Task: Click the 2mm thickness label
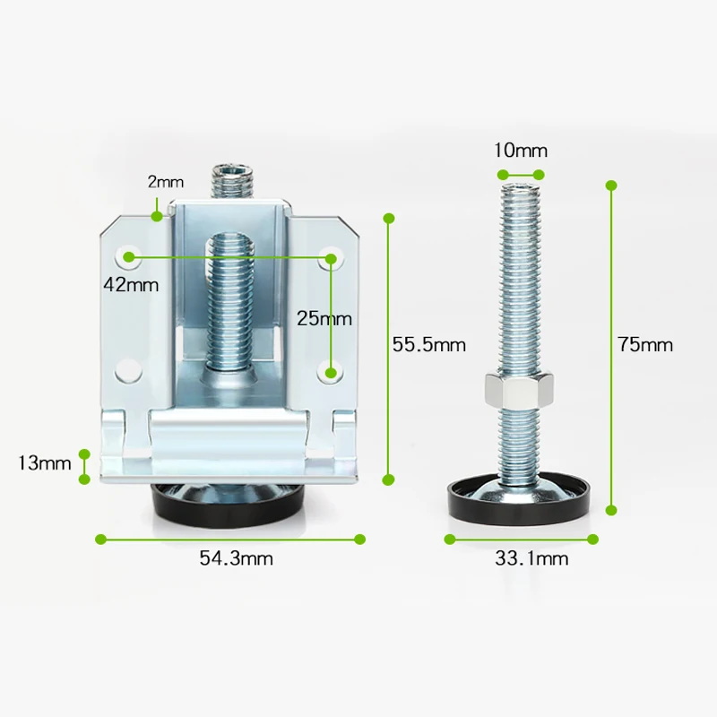click(166, 182)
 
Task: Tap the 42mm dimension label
click(131, 285)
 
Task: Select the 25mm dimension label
click(324, 318)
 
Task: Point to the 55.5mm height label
click(429, 344)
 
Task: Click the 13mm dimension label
click(44, 463)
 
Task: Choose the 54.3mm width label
click(236, 558)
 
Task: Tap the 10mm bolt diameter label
click(521, 151)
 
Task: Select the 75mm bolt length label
click(645, 344)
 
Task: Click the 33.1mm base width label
click(531, 558)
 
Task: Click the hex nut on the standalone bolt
click(520, 390)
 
